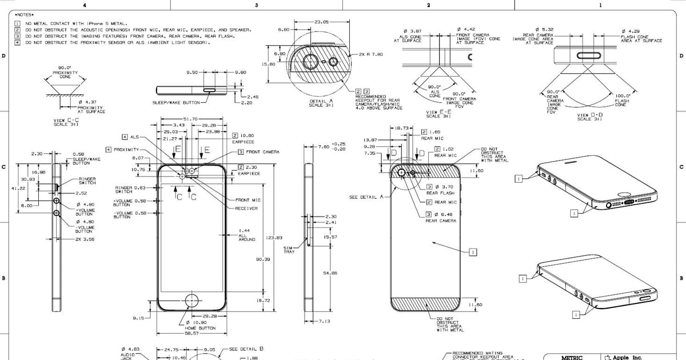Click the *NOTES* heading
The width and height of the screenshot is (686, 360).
tap(25, 14)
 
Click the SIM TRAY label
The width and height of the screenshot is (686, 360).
tap(289, 249)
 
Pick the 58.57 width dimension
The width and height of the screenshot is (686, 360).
tap(192, 333)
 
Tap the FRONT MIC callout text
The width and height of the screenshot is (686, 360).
tap(248, 200)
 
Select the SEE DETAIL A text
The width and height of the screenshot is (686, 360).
tap(365, 197)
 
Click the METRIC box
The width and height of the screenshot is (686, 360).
tap(571, 358)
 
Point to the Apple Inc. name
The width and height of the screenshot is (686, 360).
tap(627, 358)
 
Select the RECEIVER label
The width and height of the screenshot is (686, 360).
tap(246, 209)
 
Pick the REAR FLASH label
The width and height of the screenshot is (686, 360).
tap(440, 193)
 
